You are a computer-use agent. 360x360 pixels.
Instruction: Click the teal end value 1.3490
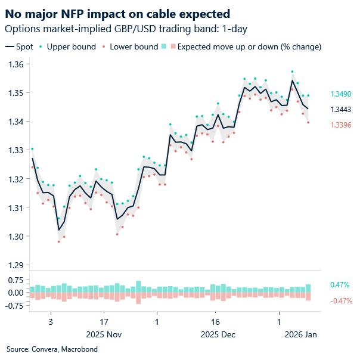[340, 94]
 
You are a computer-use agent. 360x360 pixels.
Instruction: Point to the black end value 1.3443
[340, 109]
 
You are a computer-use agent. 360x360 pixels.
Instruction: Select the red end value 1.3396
[340, 124]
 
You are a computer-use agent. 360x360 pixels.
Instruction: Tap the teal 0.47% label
[339, 285]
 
